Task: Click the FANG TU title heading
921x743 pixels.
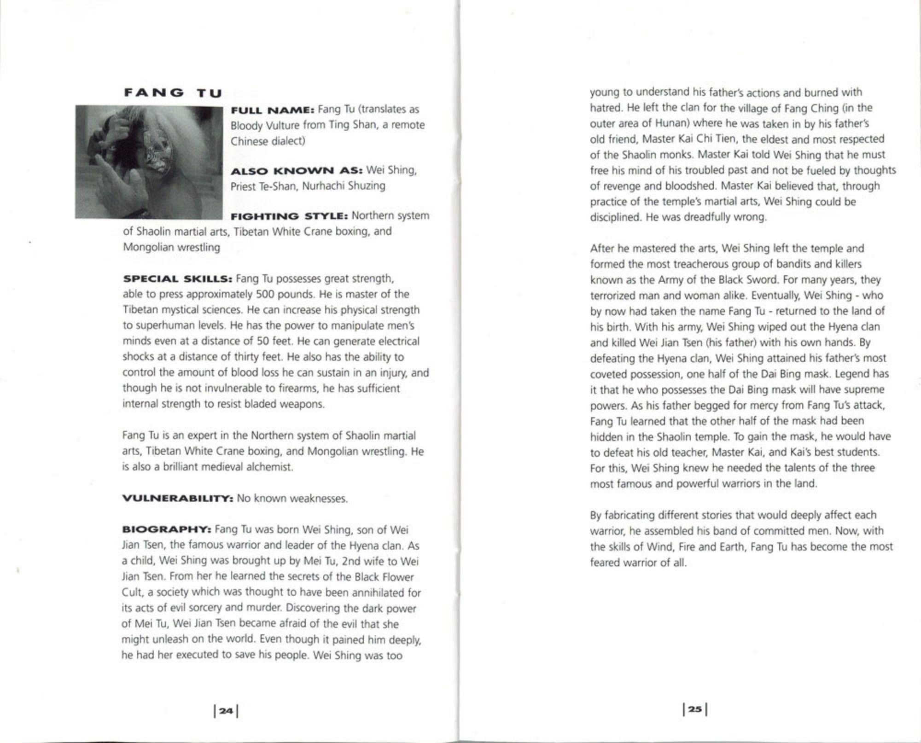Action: click(x=173, y=93)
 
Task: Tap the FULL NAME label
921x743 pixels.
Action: click(x=272, y=110)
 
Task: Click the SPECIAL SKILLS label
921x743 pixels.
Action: click(x=177, y=279)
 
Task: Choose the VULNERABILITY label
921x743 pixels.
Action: click(x=178, y=499)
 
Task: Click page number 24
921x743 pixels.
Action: click(x=226, y=711)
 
